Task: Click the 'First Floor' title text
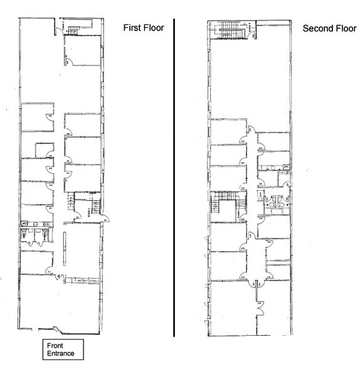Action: (x=142, y=28)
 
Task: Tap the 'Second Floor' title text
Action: (x=324, y=28)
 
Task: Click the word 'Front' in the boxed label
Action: (x=55, y=345)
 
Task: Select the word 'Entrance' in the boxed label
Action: (x=60, y=353)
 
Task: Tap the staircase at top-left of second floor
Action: (x=231, y=29)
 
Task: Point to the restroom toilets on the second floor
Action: (x=276, y=205)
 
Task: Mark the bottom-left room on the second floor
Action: (x=229, y=307)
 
